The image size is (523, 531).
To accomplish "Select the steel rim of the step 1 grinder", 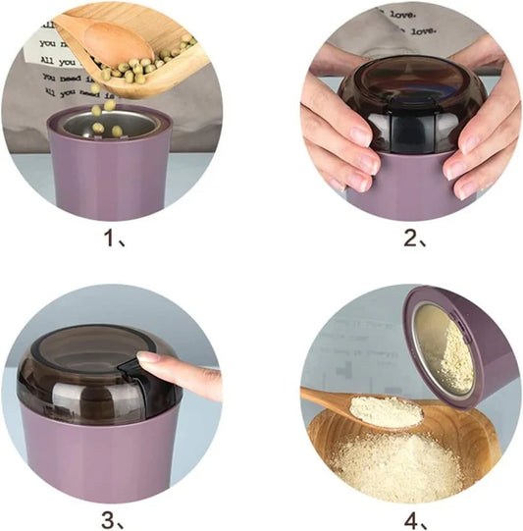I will click(110, 115).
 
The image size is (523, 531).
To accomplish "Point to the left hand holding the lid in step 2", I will click(339, 133).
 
